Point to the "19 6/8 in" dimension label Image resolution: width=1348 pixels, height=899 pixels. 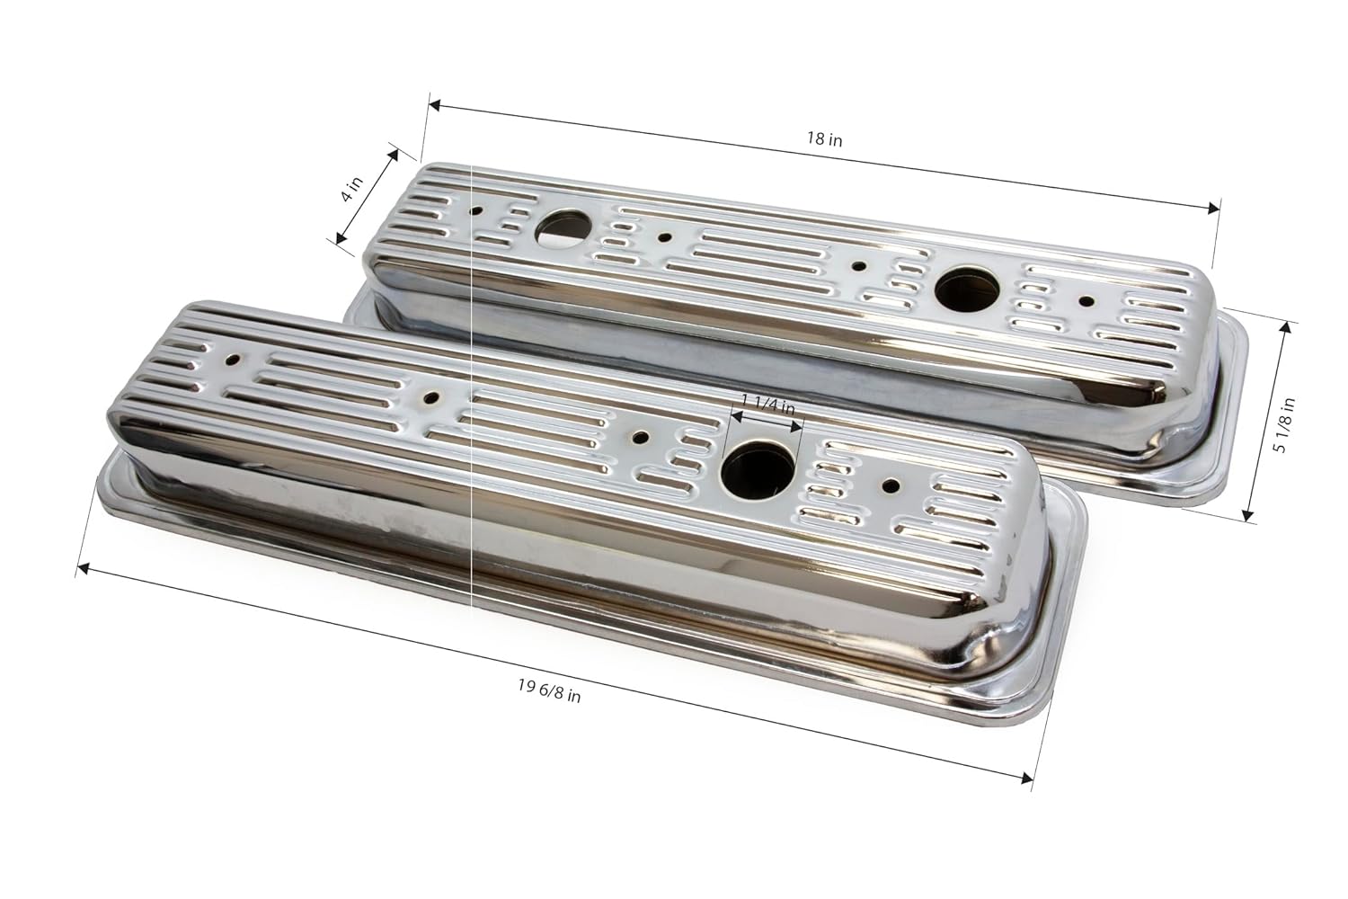549,690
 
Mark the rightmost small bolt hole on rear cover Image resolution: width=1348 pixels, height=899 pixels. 1087,302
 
